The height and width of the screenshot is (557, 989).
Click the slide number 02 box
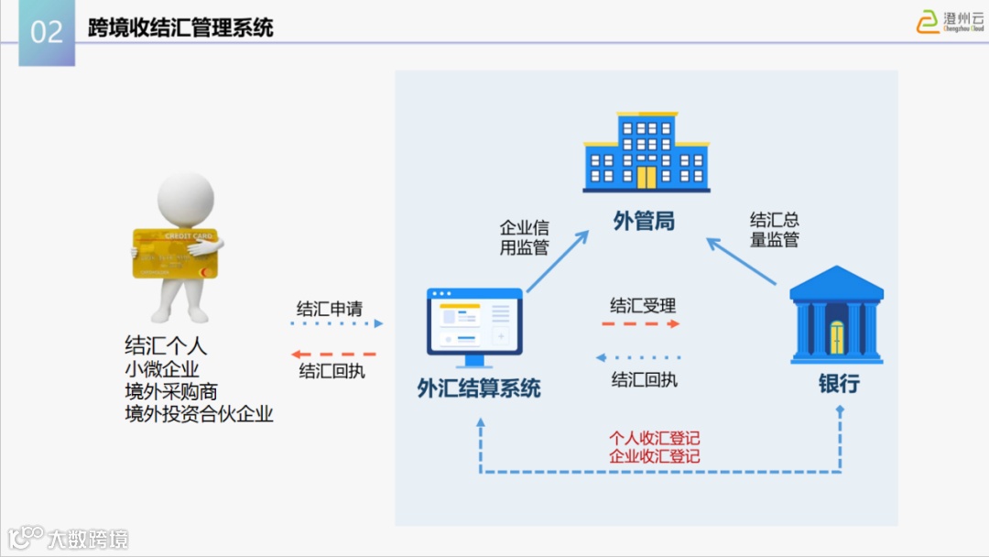(47, 32)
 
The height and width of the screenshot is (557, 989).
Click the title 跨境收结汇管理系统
(180, 27)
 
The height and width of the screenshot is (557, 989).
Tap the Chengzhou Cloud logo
(950, 21)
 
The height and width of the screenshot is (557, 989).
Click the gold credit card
(174, 253)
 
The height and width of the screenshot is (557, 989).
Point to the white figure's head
(186, 196)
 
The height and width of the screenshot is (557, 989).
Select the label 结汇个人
(166, 345)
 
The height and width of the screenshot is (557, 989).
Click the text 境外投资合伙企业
(199, 414)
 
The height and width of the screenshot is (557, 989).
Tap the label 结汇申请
(330, 308)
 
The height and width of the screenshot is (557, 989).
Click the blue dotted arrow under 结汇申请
(335, 323)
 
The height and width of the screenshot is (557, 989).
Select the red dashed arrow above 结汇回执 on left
(333, 354)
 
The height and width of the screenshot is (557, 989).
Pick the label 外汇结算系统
(479, 388)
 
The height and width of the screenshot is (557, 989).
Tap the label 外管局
(644, 221)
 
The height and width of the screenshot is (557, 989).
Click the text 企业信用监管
(524, 236)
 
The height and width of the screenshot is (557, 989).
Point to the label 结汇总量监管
(774, 230)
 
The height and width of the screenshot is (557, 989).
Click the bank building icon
(836, 314)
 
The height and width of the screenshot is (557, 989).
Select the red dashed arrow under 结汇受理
(641, 324)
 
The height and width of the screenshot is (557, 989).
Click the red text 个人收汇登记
(655, 439)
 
